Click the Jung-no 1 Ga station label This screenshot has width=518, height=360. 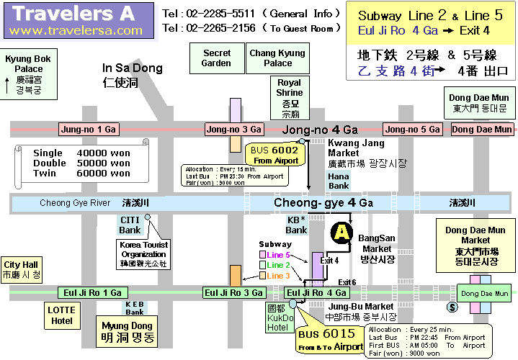coord(89,130)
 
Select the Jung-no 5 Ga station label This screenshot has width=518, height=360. coord(412,130)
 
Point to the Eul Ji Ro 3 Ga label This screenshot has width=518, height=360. coord(234,293)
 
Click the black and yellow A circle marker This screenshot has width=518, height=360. coord(341,233)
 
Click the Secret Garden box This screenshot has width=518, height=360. coord(217,58)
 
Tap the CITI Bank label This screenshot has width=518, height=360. coord(130,225)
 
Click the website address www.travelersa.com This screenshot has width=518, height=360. coord(77,30)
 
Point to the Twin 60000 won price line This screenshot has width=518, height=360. coord(81,173)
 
